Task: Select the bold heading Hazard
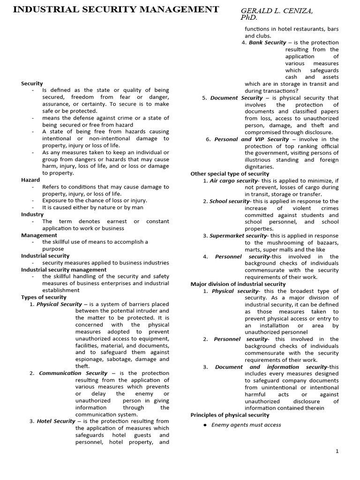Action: coord(30,180)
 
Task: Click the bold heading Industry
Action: coord(32,214)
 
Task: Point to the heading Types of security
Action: coord(43,297)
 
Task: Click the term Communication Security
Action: coord(73,373)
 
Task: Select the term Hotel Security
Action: coord(56,421)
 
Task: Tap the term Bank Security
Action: coord(267,43)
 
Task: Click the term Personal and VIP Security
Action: coord(251,139)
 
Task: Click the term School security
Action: coord(229,201)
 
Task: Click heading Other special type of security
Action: coord(230,173)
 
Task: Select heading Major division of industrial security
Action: coord(238,284)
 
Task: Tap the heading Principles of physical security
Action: coord(230,415)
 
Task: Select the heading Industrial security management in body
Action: coord(64,270)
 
